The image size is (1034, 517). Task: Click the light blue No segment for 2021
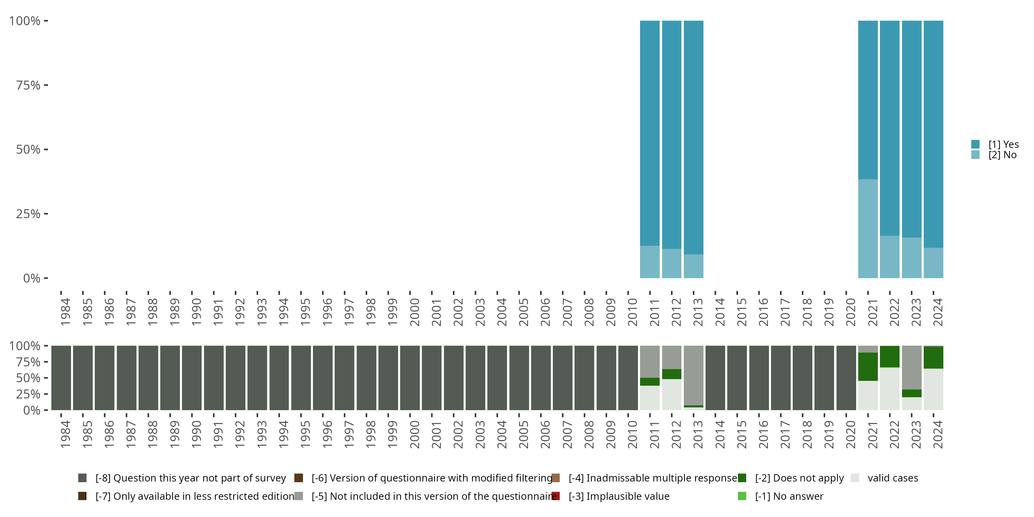[868, 229]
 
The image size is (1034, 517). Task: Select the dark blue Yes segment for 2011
[649, 132]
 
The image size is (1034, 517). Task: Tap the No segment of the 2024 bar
[933, 263]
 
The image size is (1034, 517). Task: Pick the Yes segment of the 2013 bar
[693, 136]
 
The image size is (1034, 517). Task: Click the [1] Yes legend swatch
[975, 144]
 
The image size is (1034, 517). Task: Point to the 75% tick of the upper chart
[46, 85]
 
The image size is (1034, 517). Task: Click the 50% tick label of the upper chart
[28, 150]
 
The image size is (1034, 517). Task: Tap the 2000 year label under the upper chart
[414, 312]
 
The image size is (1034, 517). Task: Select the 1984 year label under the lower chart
[65, 434]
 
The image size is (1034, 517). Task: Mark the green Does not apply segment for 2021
[868, 366]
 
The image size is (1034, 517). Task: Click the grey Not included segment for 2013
[693, 375]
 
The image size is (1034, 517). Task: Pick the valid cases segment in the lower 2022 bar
[890, 388]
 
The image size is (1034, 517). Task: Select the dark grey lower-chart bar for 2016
[759, 378]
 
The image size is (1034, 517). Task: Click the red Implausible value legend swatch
[556, 496]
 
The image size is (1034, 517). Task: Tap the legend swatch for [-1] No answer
[742, 496]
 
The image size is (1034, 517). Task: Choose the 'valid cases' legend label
[893, 478]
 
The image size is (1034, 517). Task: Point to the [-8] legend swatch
[82, 478]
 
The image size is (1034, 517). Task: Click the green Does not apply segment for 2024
[933, 357]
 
